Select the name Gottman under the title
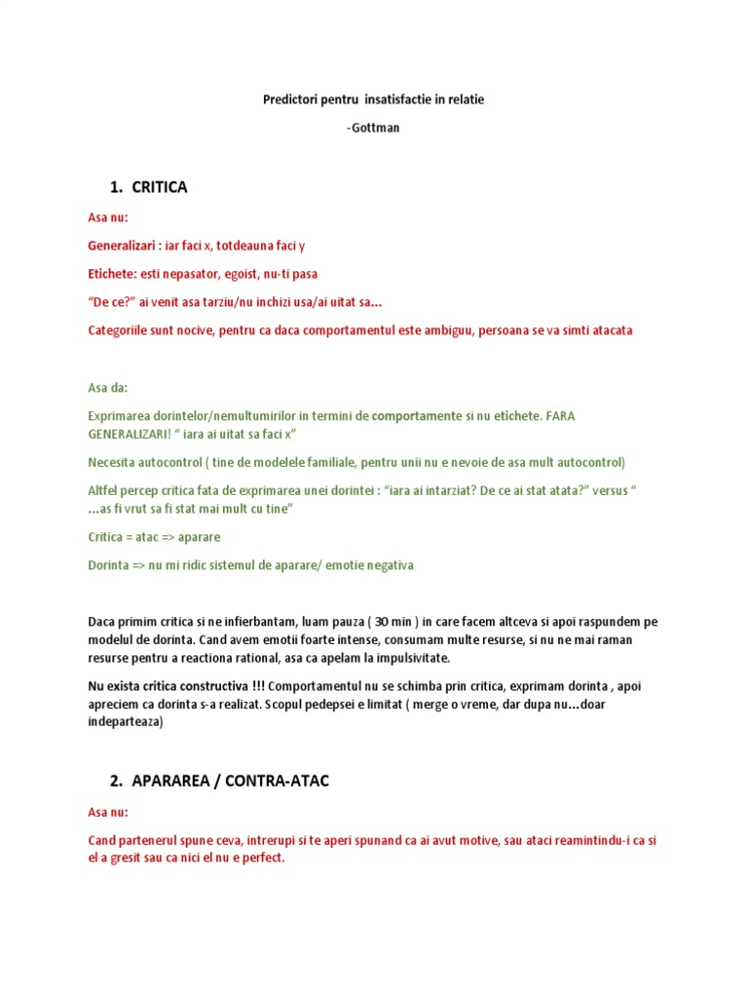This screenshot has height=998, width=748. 376,128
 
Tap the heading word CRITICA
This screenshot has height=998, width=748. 159,187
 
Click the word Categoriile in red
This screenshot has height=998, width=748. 122,330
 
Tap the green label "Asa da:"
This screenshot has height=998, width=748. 108,387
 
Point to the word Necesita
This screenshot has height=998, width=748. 114,462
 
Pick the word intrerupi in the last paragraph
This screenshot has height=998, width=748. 295,840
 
